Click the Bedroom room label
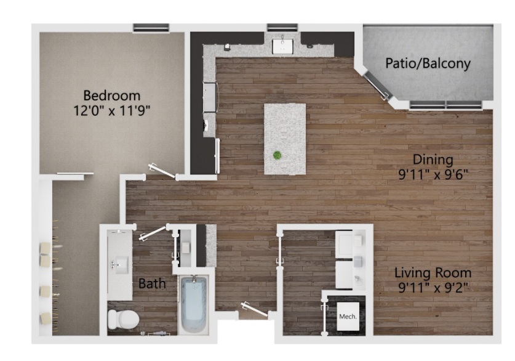point(111,95)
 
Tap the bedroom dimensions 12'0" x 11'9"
point(111,111)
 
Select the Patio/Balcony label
point(428,63)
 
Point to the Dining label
point(433,160)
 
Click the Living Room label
point(433,273)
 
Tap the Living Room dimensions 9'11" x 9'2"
point(433,288)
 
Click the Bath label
point(152,283)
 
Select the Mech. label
point(348,317)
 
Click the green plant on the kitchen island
point(277,155)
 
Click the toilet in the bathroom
point(123,319)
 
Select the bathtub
point(194,304)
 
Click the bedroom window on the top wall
point(151,28)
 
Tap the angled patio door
point(377,86)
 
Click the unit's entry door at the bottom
point(255,310)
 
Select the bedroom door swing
point(162,171)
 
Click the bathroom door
point(153,233)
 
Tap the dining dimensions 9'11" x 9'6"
point(433,174)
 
